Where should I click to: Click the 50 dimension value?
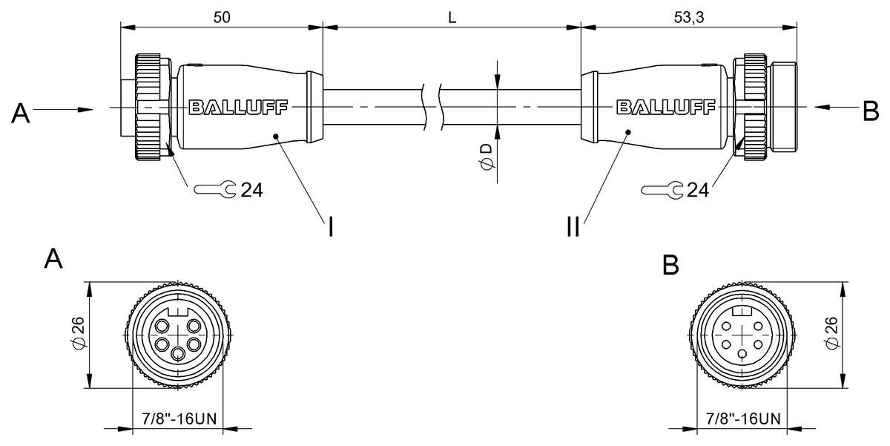click(221, 16)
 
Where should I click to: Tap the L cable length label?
click(452, 16)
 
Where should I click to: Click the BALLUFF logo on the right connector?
click(666, 108)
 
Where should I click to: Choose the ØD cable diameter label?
click(486, 156)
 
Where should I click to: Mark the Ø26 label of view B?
click(833, 334)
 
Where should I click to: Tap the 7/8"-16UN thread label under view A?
click(179, 418)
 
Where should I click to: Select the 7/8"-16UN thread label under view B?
click(739, 418)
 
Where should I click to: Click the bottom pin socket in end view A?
click(177, 354)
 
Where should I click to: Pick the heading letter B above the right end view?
click(670, 265)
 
